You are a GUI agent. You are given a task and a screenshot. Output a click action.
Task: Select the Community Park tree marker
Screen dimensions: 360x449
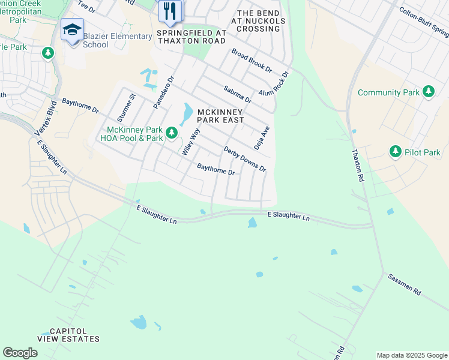coord(428,92)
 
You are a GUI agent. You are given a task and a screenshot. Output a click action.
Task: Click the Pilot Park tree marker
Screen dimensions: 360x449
coord(396,152)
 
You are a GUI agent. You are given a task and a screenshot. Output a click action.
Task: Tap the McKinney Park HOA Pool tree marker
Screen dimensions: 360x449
coord(172,132)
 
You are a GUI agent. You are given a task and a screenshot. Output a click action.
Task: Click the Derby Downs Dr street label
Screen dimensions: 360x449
coord(244,159)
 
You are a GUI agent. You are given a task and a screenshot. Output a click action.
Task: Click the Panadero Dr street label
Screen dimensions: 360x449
coord(163,92)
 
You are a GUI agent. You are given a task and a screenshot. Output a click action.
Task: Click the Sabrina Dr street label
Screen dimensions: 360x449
coord(237,94)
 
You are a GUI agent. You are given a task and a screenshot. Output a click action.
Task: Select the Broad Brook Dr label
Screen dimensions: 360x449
coord(252,62)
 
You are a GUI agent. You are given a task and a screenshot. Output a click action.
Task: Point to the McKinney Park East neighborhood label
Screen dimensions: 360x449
coord(221,116)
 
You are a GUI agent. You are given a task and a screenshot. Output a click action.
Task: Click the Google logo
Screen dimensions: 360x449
coord(20,353)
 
